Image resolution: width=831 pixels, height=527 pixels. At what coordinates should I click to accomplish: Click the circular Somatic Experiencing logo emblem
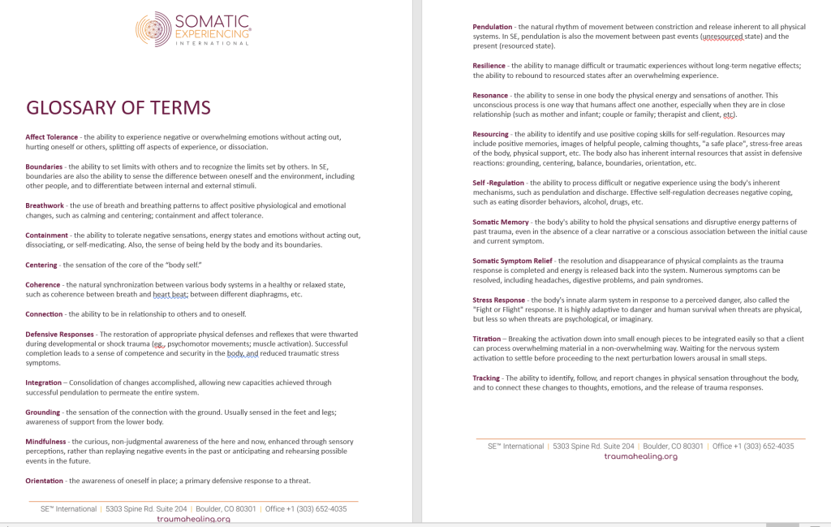click(153, 29)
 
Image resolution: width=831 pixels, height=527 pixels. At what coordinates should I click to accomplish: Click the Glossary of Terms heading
click(118, 108)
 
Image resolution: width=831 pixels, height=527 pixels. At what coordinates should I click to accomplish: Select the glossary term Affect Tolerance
click(52, 137)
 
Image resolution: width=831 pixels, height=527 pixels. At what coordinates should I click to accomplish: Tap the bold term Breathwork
click(45, 205)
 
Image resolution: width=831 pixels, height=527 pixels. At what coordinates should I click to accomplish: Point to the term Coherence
click(43, 285)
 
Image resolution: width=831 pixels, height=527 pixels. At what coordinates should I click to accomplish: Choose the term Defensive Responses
click(59, 334)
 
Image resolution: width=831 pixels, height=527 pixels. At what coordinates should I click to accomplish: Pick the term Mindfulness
click(45, 442)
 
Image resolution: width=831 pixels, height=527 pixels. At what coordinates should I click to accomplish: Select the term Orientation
click(45, 481)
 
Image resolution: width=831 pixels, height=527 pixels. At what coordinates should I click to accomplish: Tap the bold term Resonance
click(490, 95)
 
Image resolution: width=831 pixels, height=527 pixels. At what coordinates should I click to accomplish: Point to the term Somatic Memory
click(501, 222)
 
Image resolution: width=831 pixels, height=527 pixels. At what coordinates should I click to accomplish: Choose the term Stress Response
click(499, 300)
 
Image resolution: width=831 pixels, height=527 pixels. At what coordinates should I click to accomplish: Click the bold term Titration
click(487, 339)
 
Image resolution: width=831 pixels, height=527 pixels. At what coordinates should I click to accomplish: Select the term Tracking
click(487, 378)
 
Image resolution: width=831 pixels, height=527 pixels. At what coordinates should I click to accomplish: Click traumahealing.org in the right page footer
click(640, 456)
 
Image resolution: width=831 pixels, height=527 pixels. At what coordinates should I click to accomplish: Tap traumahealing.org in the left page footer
click(193, 519)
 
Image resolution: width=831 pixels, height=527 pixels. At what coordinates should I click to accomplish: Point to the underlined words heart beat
click(171, 295)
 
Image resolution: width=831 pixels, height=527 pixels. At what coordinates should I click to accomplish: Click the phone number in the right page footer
click(764, 446)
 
